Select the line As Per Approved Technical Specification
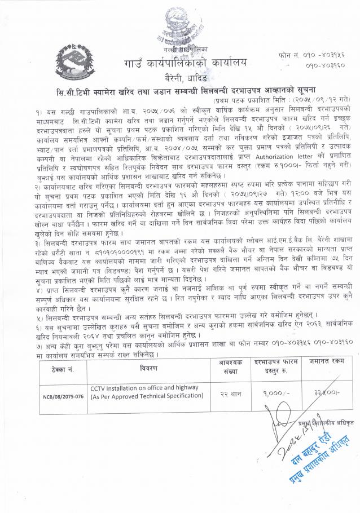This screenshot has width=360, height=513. [147, 397]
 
